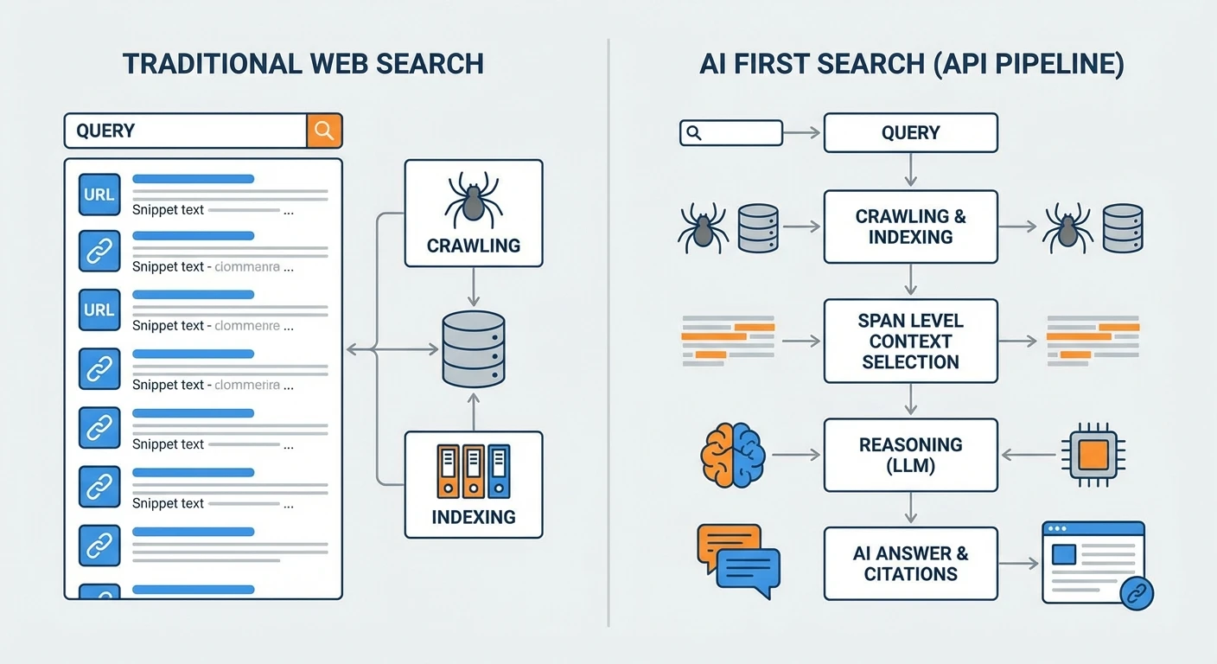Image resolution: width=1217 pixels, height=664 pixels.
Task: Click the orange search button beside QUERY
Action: (x=324, y=131)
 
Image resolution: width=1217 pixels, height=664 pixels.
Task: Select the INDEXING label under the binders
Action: (x=473, y=517)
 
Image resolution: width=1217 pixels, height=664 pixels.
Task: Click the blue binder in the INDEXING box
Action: (x=499, y=471)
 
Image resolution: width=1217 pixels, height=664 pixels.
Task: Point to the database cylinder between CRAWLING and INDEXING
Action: (x=473, y=348)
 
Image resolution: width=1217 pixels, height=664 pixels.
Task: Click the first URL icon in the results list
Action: (x=99, y=195)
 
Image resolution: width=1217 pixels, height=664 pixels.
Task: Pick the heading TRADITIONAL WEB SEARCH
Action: (x=303, y=64)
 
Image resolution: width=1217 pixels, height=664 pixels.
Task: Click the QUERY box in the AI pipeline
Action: (x=910, y=132)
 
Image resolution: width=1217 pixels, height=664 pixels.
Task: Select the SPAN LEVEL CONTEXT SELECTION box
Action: (x=910, y=341)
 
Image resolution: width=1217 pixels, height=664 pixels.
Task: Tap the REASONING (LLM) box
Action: (x=910, y=455)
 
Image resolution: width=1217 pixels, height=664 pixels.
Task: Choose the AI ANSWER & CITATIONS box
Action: (x=910, y=564)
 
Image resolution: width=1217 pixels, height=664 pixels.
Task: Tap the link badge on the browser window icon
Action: (x=1136, y=592)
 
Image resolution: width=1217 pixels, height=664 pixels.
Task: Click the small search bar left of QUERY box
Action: (x=730, y=132)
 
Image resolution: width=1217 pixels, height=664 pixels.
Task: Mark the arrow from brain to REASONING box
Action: (x=795, y=454)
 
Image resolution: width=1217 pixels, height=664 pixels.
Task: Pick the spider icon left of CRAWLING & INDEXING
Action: (x=701, y=226)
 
